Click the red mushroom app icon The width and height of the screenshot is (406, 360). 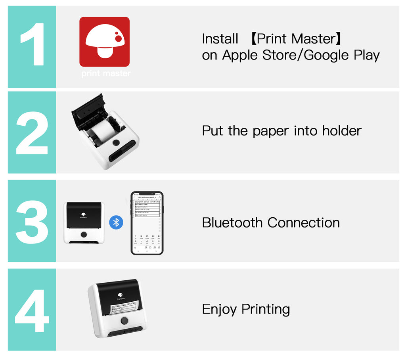point(104,42)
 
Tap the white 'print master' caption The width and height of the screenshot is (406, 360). point(105,74)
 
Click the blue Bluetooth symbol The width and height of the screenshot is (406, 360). point(116,222)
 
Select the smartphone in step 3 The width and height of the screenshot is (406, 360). point(147,223)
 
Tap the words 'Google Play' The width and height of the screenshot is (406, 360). point(342,55)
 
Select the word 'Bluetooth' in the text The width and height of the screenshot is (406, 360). point(233,222)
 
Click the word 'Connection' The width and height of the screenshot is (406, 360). point(304,222)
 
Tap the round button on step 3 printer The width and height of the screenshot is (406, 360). point(84,235)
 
